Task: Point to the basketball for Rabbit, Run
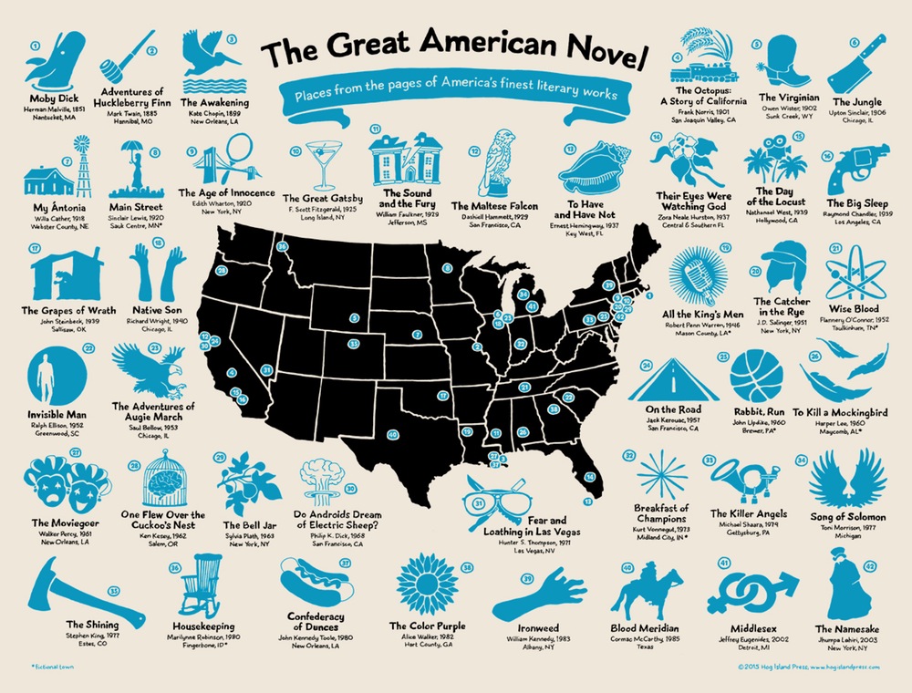point(762,374)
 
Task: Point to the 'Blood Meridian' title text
point(646,629)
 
